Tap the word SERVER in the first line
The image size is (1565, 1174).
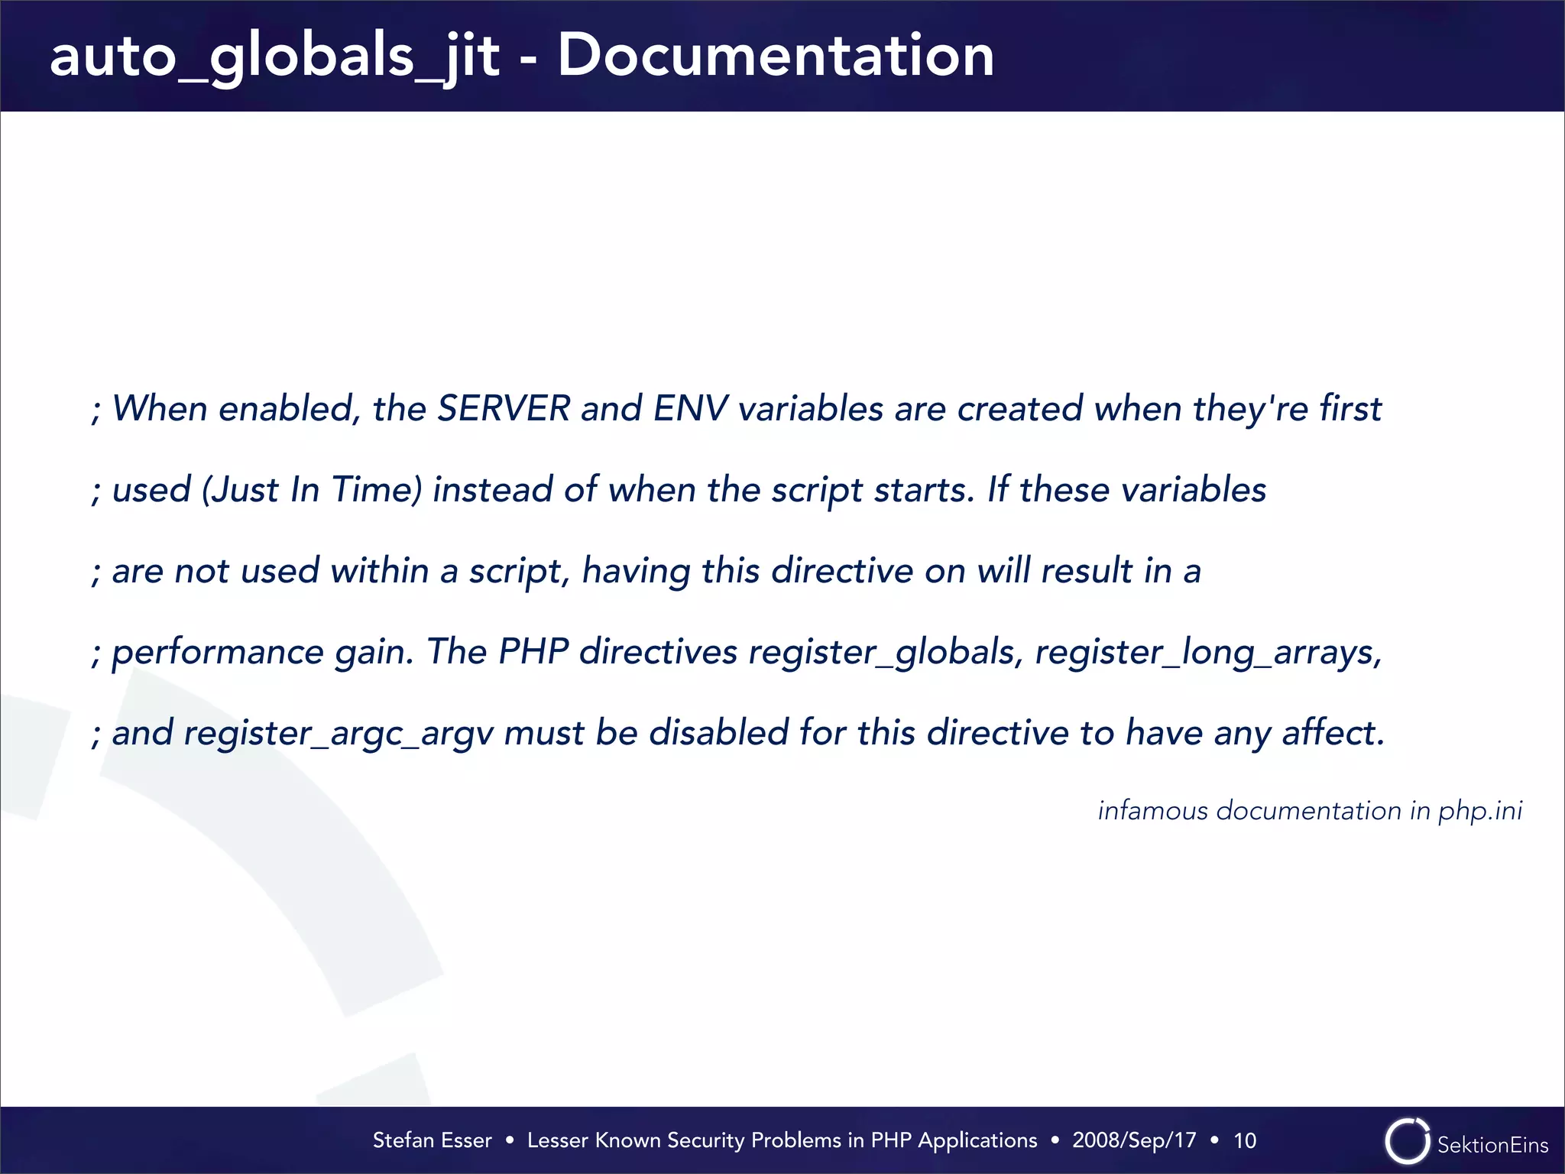click(x=504, y=408)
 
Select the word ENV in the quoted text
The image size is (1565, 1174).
click(x=690, y=408)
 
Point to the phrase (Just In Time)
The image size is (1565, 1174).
click(x=312, y=490)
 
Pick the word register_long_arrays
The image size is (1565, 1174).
click(x=1207, y=653)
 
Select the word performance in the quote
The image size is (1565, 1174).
click(x=218, y=653)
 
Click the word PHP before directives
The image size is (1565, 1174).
click(x=533, y=652)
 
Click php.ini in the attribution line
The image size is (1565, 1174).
click(x=1480, y=811)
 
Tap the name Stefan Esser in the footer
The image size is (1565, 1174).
click(x=432, y=1140)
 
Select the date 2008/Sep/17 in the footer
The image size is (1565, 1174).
click(x=1134, y=1140)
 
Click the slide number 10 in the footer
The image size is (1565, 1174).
click(x=1245, y=1140)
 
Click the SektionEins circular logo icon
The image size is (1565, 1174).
click(x=1407, y=1141)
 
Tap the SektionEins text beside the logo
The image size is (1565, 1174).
click(x=1492, y=1145)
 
